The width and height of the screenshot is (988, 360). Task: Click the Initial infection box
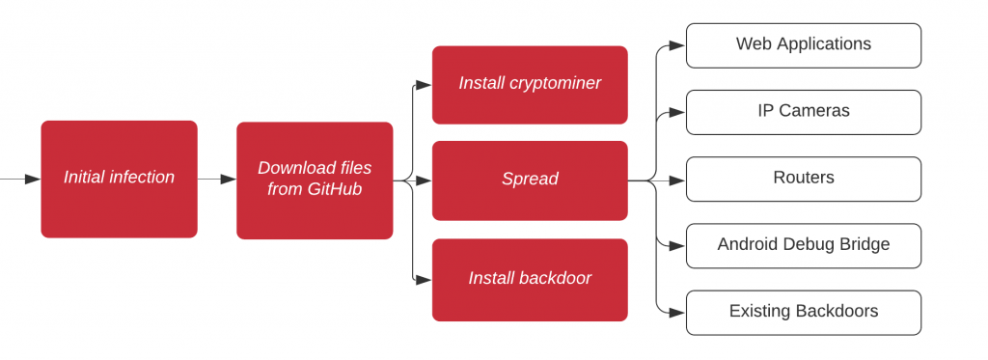coord(119,180)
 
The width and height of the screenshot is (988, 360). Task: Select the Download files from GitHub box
coord(315,180)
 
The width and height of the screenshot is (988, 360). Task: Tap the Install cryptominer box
coord(530,84)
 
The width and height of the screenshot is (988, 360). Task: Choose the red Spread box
coord(530,180)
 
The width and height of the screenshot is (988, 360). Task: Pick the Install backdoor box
coord(530,279)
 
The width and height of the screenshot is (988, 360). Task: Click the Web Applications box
coord(803,45)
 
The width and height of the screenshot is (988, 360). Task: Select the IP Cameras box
coord(803,112)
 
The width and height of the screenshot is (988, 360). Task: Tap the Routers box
coord(803,179)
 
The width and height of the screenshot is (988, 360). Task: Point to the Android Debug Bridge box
coord(803,245)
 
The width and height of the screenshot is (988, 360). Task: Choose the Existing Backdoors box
coord(803,312)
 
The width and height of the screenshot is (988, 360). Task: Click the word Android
coord(748,245)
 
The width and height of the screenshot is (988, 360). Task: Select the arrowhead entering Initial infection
coord(33,180)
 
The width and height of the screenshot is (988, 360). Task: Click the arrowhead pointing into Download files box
coord(229,180)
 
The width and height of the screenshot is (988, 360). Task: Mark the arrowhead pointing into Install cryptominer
coord(425,84)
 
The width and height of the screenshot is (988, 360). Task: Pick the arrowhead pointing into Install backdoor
coord(425,279)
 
